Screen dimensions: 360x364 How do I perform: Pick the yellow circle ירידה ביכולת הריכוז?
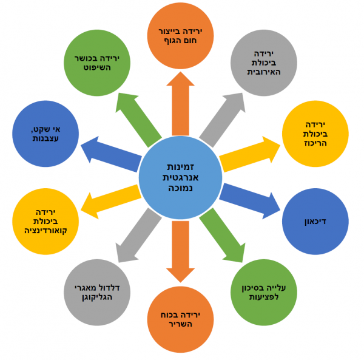315,134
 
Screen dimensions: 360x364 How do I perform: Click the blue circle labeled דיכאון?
315,222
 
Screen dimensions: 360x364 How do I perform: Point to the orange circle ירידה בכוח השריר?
181,319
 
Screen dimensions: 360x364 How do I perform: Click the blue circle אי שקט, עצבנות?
45,134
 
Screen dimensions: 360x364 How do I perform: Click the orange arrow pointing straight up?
181,103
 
